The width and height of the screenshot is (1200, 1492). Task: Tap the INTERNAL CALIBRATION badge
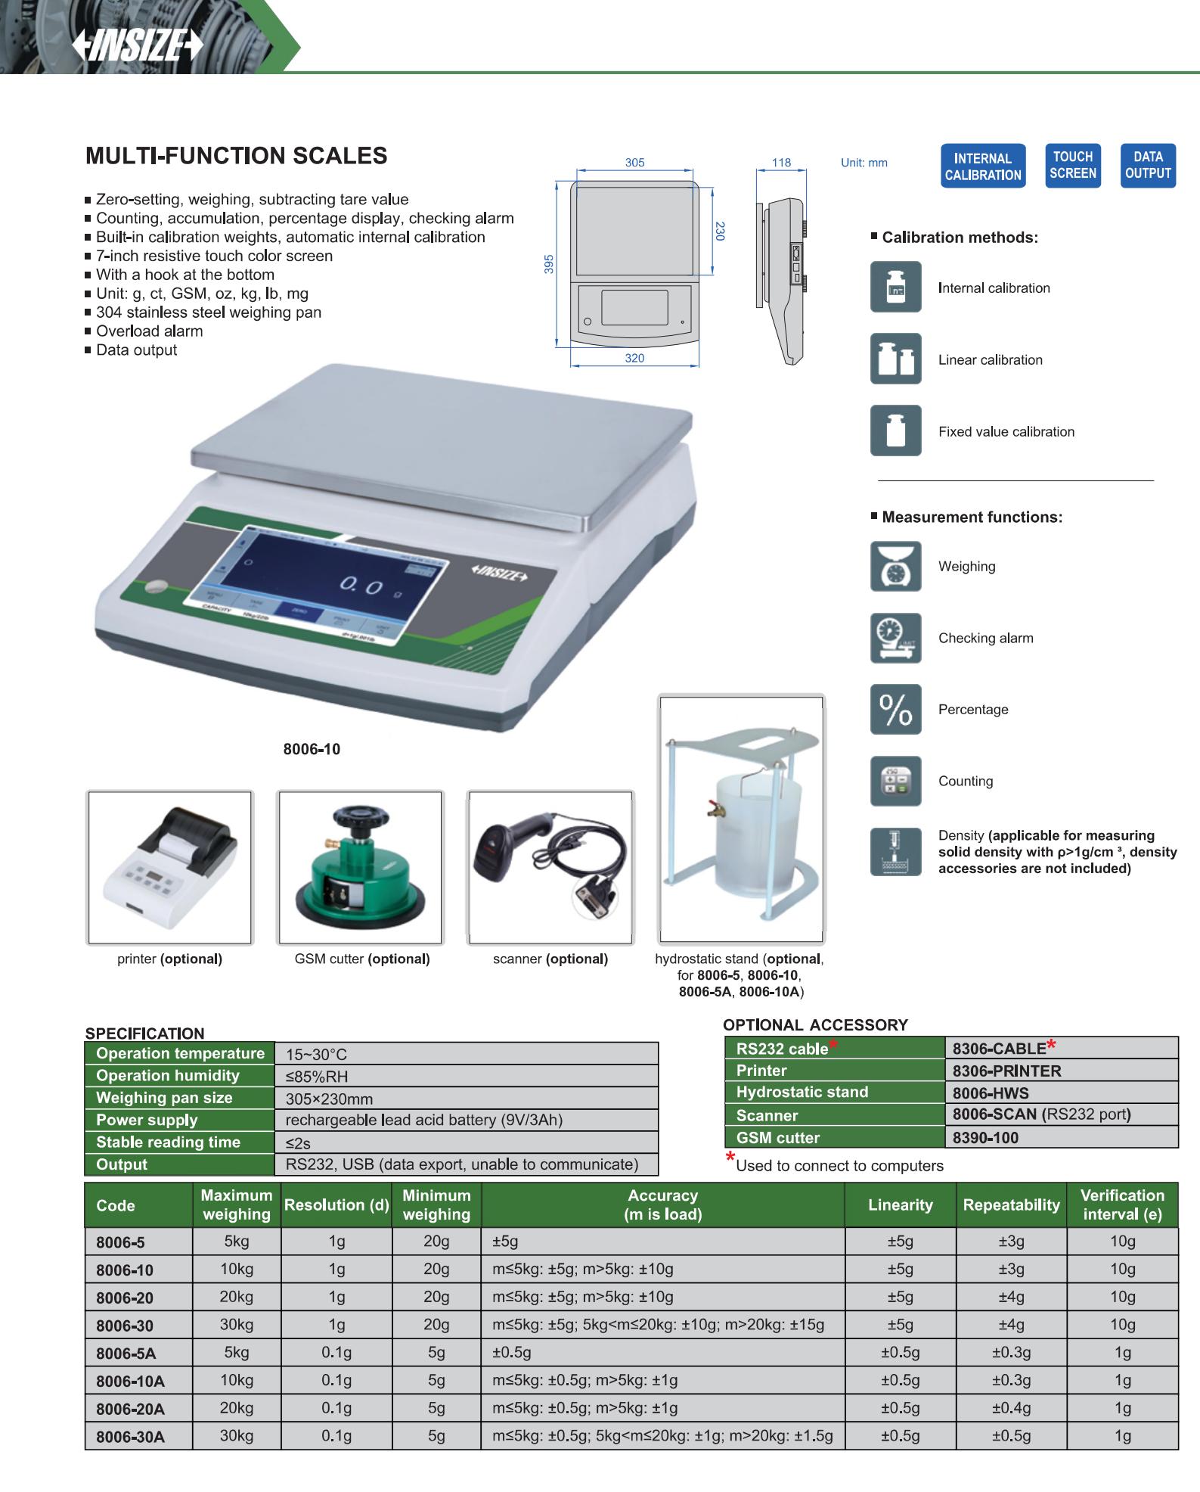tap(983, 166)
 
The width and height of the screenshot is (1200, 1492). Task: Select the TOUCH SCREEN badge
tap(1073, 165)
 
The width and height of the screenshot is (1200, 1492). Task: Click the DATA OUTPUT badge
tap(1148, 165)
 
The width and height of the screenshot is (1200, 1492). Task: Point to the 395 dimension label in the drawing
tap(550, 263)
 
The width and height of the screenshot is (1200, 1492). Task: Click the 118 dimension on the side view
tap(781, 162)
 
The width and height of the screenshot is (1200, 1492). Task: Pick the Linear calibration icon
tap(896, 359)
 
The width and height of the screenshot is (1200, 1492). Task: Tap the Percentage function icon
tap(896, 709)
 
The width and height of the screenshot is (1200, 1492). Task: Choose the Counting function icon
tap(896, 781)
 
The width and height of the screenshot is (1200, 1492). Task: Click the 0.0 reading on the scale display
tap(361, 585)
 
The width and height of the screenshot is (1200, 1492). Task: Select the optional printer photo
tap(170, 868)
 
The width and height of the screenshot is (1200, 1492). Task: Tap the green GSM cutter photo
tap(361, 868)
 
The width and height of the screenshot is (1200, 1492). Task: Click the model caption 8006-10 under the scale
tap(312, 749)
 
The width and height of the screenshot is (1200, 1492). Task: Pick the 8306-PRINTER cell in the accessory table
tap(1006, 1071)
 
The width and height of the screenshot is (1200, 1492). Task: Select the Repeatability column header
tap(1011, 1205)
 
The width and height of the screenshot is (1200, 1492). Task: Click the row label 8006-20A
tap(130, 1409)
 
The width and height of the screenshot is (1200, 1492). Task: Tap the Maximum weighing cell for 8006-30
tap(237, 1325)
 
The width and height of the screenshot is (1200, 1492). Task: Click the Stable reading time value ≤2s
tap(298, 1142)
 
